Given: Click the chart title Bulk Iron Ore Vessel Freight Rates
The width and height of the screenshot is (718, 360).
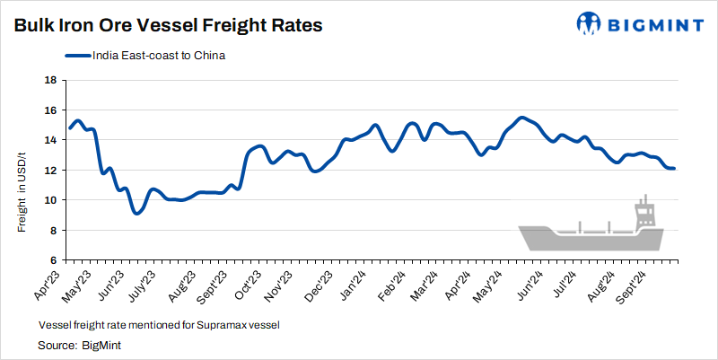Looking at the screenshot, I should point(168,26).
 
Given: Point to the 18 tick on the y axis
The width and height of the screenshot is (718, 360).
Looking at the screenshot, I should point(50,81).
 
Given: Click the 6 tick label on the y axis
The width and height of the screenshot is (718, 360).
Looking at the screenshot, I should point(53,261).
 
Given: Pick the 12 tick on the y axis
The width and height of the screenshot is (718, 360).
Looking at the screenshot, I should point(50,171).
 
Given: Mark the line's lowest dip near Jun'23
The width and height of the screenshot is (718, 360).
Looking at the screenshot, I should point(136,213).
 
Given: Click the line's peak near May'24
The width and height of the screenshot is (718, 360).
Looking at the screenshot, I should point(521,118).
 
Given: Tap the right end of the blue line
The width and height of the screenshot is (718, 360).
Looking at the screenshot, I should point(674,169).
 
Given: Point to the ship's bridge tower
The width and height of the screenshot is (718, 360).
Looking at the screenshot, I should point(644,214).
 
